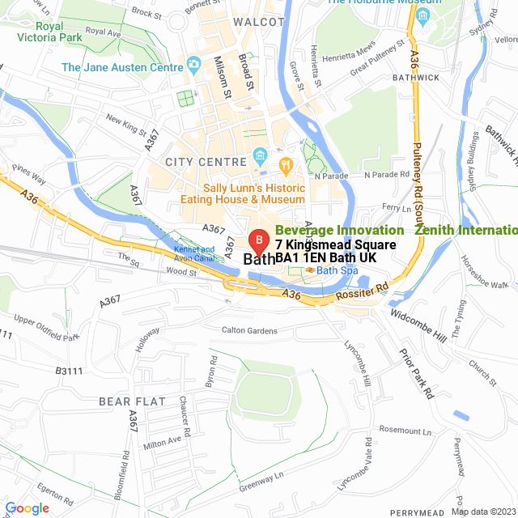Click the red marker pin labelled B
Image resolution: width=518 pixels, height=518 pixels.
point(258,240)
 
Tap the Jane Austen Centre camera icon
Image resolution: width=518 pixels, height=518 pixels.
point(193,65)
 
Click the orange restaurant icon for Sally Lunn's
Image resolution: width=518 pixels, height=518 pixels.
point(285,164)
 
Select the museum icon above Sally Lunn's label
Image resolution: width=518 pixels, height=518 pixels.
point(261,154)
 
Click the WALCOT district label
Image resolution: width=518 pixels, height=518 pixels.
point(258,21)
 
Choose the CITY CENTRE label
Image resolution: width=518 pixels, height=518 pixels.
point(205,163)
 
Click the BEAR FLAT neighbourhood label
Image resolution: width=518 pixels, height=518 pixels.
point(132,401)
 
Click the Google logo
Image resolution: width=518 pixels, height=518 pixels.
point(28,508)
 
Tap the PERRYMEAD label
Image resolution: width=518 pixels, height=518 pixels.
point(416,513)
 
